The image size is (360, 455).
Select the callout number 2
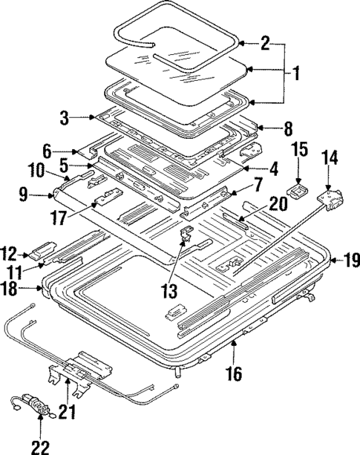(266, 43)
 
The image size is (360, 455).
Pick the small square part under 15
(299, 190)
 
